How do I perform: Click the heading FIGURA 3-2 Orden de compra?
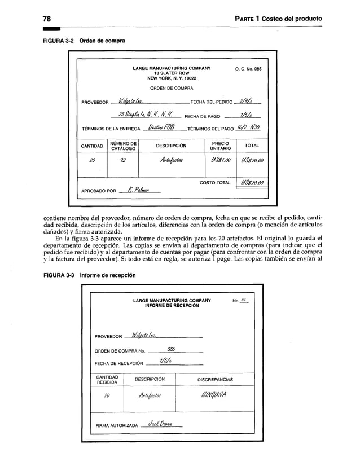(x=81, y=41)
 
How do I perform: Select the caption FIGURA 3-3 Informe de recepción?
(x=87, y=275)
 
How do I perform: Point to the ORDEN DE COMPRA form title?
(x=172, y=87)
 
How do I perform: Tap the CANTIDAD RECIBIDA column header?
(x=107, y=380)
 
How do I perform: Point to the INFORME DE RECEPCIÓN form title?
(x=172, y=305)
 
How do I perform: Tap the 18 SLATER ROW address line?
(x=172, y=73)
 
